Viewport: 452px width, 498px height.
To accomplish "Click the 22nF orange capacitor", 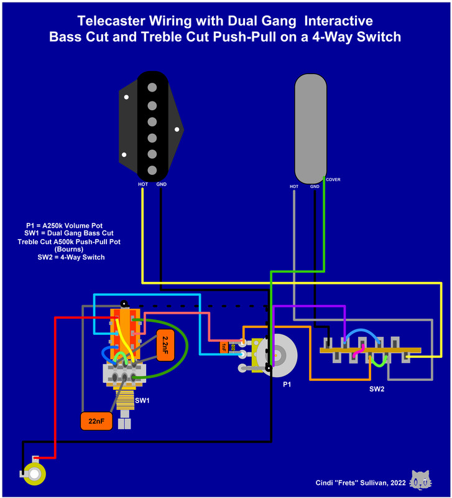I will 96,421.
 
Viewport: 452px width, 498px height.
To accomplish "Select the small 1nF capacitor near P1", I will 224,345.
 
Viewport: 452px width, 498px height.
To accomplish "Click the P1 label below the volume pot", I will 287,385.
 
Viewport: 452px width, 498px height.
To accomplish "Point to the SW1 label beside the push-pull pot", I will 142,400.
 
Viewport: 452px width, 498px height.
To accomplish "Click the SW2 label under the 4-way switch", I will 376,389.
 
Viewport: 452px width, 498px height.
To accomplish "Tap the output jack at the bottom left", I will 32,475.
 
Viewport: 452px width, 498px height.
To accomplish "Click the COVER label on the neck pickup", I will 333,180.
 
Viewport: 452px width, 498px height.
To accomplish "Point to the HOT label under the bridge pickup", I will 142,184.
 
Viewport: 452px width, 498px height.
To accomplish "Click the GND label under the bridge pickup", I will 161,184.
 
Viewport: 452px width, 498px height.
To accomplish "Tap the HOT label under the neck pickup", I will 294,186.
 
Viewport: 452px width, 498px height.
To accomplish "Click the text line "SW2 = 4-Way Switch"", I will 71,257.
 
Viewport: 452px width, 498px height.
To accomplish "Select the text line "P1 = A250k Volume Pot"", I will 65,225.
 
